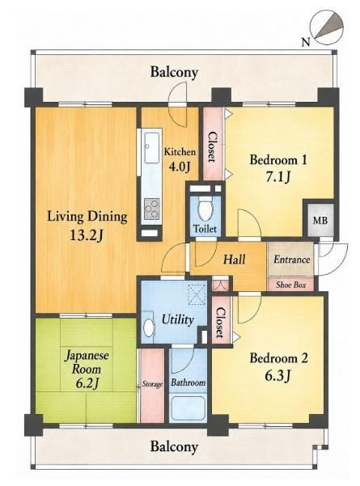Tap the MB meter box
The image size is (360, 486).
[x=320, y=220]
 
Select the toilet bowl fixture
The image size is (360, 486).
[x=204, y=210]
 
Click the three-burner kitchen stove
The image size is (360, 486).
[x=152, y=209]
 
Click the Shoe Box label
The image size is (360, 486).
[x=291, y=285]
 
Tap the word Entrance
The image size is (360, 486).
[x=291, y=259]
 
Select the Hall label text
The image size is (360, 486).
[x=235, y=259]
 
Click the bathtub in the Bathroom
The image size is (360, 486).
[x=188, y=407]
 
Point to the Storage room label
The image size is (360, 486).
[x=152, y=384]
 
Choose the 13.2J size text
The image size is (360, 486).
[x=87, y=236]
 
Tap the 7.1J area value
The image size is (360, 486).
[x=277, y=177]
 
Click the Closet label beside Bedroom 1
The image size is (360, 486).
[x=212, y=147]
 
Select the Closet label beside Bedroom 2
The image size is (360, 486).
[x=220, y=323]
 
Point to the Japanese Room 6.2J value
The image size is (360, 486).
[x=87, y=384]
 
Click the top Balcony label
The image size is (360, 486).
[x=174, y=72]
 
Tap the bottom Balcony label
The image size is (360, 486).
[x=174, y=447]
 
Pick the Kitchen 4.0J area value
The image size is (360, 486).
[x=179, y=167]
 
